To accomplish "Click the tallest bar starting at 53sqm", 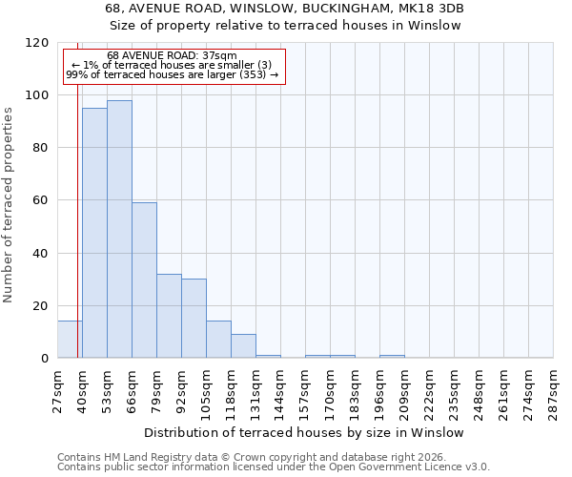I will [x=119, y=229].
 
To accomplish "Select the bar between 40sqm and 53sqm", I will [x=94, y=233].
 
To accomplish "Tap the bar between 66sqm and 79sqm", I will [x=144, y=280].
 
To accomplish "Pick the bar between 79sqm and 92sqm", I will [x=169, y=316].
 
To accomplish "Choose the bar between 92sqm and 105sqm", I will [x=194, y=319].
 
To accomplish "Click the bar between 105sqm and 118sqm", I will [x=218, y=340].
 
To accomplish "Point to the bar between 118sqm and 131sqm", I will [x=243, y=346].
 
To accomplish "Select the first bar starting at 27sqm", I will [x=70, y=340].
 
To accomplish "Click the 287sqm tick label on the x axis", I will [x=553, y=390].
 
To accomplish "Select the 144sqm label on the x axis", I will [x=280, y=390].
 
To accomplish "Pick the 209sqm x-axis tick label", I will [x=404, y=390].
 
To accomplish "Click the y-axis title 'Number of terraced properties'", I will [x=9, y=204].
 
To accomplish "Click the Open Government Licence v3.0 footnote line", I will [x=274, y=467].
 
